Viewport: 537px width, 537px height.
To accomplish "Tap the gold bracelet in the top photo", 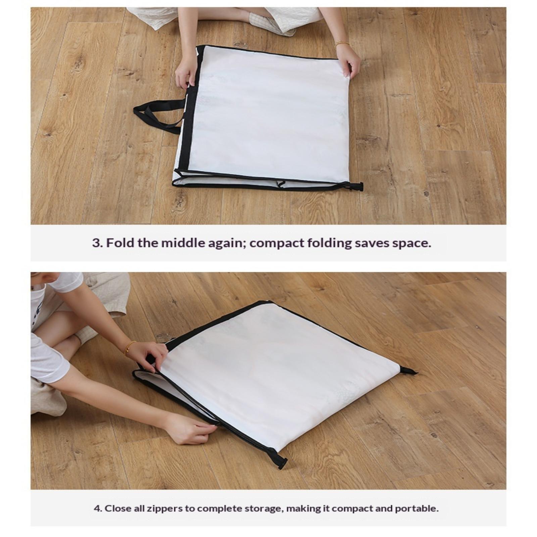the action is (342, 44).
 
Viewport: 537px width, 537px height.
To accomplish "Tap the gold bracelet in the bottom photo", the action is (130, 348).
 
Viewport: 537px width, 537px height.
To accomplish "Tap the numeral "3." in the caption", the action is (97, 243).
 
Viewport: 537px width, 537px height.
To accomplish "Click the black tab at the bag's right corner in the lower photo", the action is (408, 371).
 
